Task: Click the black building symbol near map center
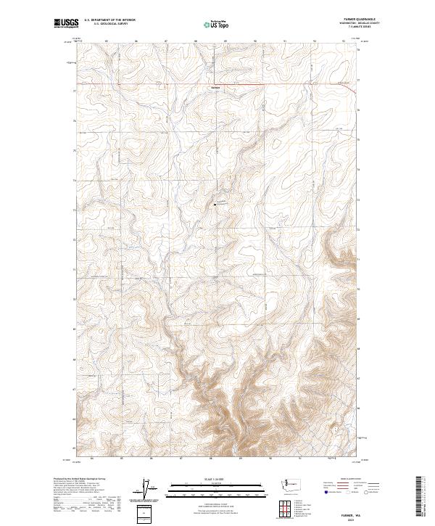tap(215, 205)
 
